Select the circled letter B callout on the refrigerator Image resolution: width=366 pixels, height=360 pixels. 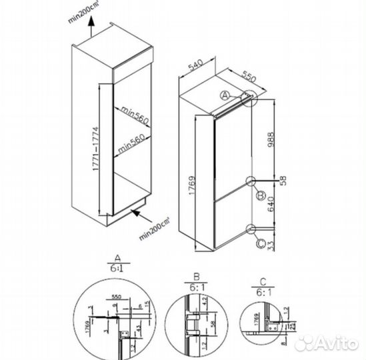tap(262, 195)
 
